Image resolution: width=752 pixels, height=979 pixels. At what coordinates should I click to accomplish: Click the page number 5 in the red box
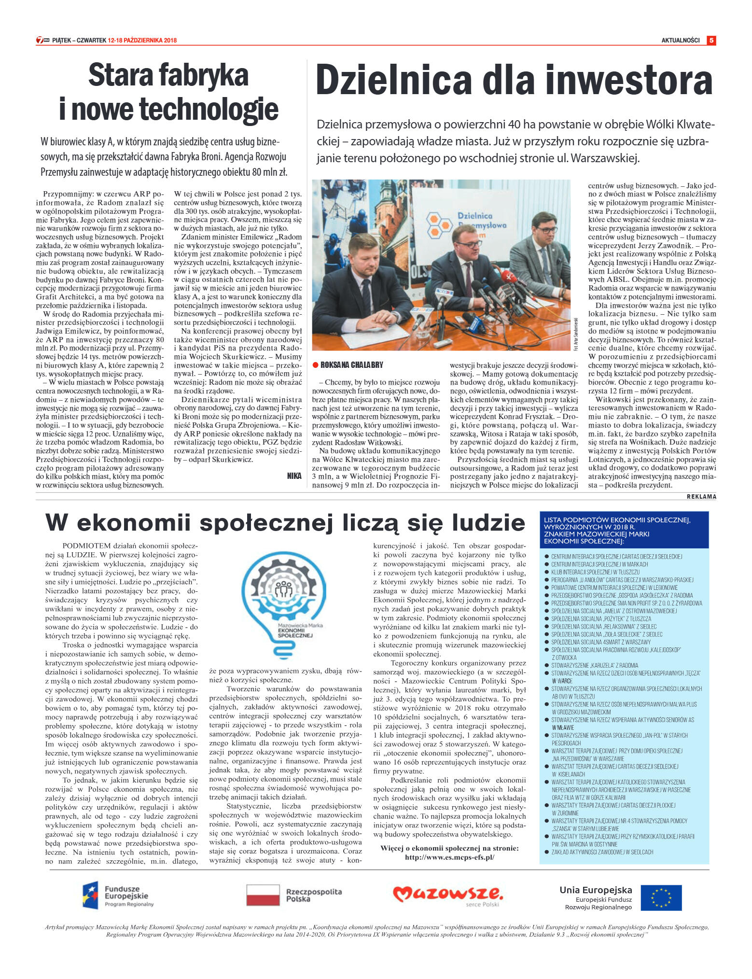pos(710,41)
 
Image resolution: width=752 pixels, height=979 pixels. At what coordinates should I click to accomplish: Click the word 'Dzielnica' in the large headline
pos(393,81)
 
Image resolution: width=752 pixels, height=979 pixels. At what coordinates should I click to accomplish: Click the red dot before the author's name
pos(316,365)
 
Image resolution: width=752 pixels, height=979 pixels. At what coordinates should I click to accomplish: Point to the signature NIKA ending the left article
pos(294,476)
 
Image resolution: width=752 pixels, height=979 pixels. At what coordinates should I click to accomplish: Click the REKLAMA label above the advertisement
pos(701,497)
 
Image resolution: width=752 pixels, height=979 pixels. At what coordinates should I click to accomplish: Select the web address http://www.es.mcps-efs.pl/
pos(449,857)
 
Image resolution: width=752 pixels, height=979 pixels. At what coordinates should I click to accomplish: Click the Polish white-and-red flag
pos(263,895)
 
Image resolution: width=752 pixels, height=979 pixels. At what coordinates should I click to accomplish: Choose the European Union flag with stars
pos(661,897)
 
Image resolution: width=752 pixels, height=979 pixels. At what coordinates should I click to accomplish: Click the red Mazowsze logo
pos(447,894)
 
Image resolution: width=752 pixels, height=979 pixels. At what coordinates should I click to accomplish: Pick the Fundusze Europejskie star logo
pos(90,895)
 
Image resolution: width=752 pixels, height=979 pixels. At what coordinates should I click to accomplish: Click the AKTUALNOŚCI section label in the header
pos(680,41)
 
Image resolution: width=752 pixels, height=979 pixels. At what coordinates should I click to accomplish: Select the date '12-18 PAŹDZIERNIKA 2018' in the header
pos(142,41)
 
